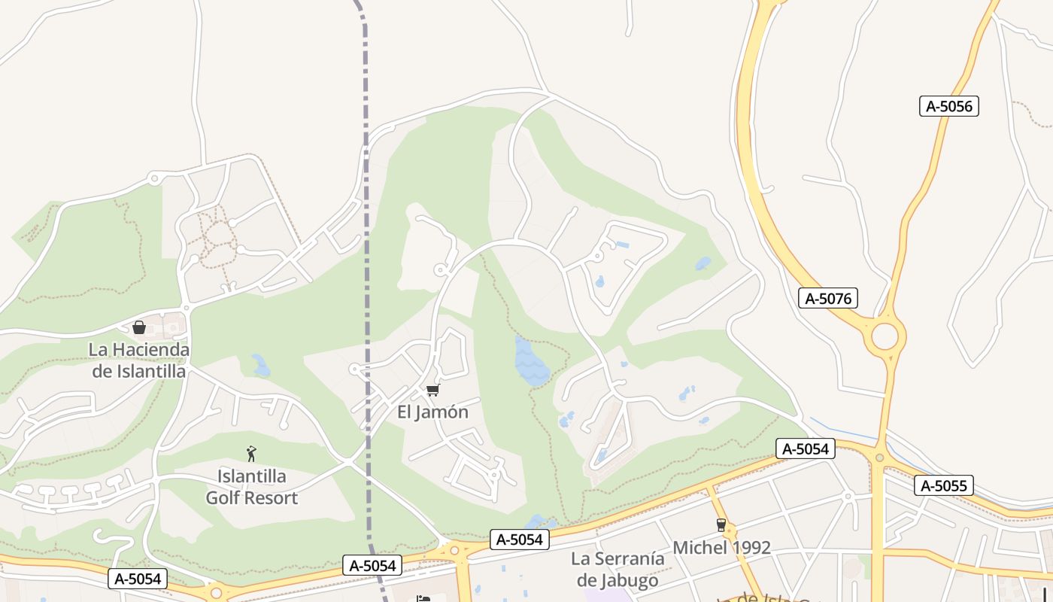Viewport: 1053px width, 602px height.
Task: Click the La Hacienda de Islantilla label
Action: pyautogui.click(x=138, y=360)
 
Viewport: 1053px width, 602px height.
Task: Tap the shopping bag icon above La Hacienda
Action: pyautogui.click(x=138, y=327)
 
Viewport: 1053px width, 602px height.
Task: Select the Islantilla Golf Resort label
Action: pyautogui.click(x=252, y=487)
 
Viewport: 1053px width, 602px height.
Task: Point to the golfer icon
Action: pyautogui.click(x=251, y=454)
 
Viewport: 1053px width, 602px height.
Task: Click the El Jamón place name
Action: pyautogui.click(x=432, y=412)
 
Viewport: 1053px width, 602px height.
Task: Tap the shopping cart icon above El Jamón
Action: pyautogui.click(x=432, y=390)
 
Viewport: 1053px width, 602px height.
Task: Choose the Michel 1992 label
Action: pyautogui.click(x=721, y=548)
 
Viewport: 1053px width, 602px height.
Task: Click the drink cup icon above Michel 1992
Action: pyautogui.click(x=721, y=525)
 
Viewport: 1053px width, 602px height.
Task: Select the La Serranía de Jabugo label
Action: pyautogui.click(x=618, y=570)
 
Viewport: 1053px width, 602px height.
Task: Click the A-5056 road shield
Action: pyautogui.click(x=949, y=106)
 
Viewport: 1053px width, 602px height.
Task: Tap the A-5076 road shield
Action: pyautogui.click(x=828, y=299)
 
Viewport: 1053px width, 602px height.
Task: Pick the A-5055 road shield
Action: pyautogui.click(x=944, y=485)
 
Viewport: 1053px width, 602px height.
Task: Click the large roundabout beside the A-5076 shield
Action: pyautogui.click(x=885, y=336)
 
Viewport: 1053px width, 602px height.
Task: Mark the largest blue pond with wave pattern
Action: pyautogui.click(x=532, y=363)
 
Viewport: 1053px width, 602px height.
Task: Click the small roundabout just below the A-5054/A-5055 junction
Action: pyautogui.click(x=879, y=457)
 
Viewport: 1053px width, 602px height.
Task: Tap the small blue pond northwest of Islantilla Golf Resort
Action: pyautogui.click(x=261, y=366)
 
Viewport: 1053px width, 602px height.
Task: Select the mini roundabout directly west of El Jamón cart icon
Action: pyautogui.click(x=354, y=369)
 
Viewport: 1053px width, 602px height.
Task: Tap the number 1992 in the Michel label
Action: pyautogui.click(x=748, y=548)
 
